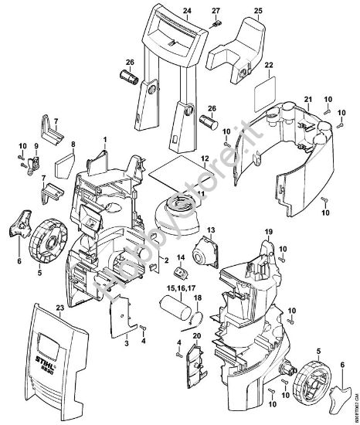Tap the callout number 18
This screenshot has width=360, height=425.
[197, 297]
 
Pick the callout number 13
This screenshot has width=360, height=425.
[210, 230]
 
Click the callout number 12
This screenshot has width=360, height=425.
[205, 158]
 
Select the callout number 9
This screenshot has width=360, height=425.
[35, 146]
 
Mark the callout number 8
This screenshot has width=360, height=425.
[73, 144]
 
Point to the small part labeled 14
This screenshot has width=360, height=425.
[180, 274]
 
